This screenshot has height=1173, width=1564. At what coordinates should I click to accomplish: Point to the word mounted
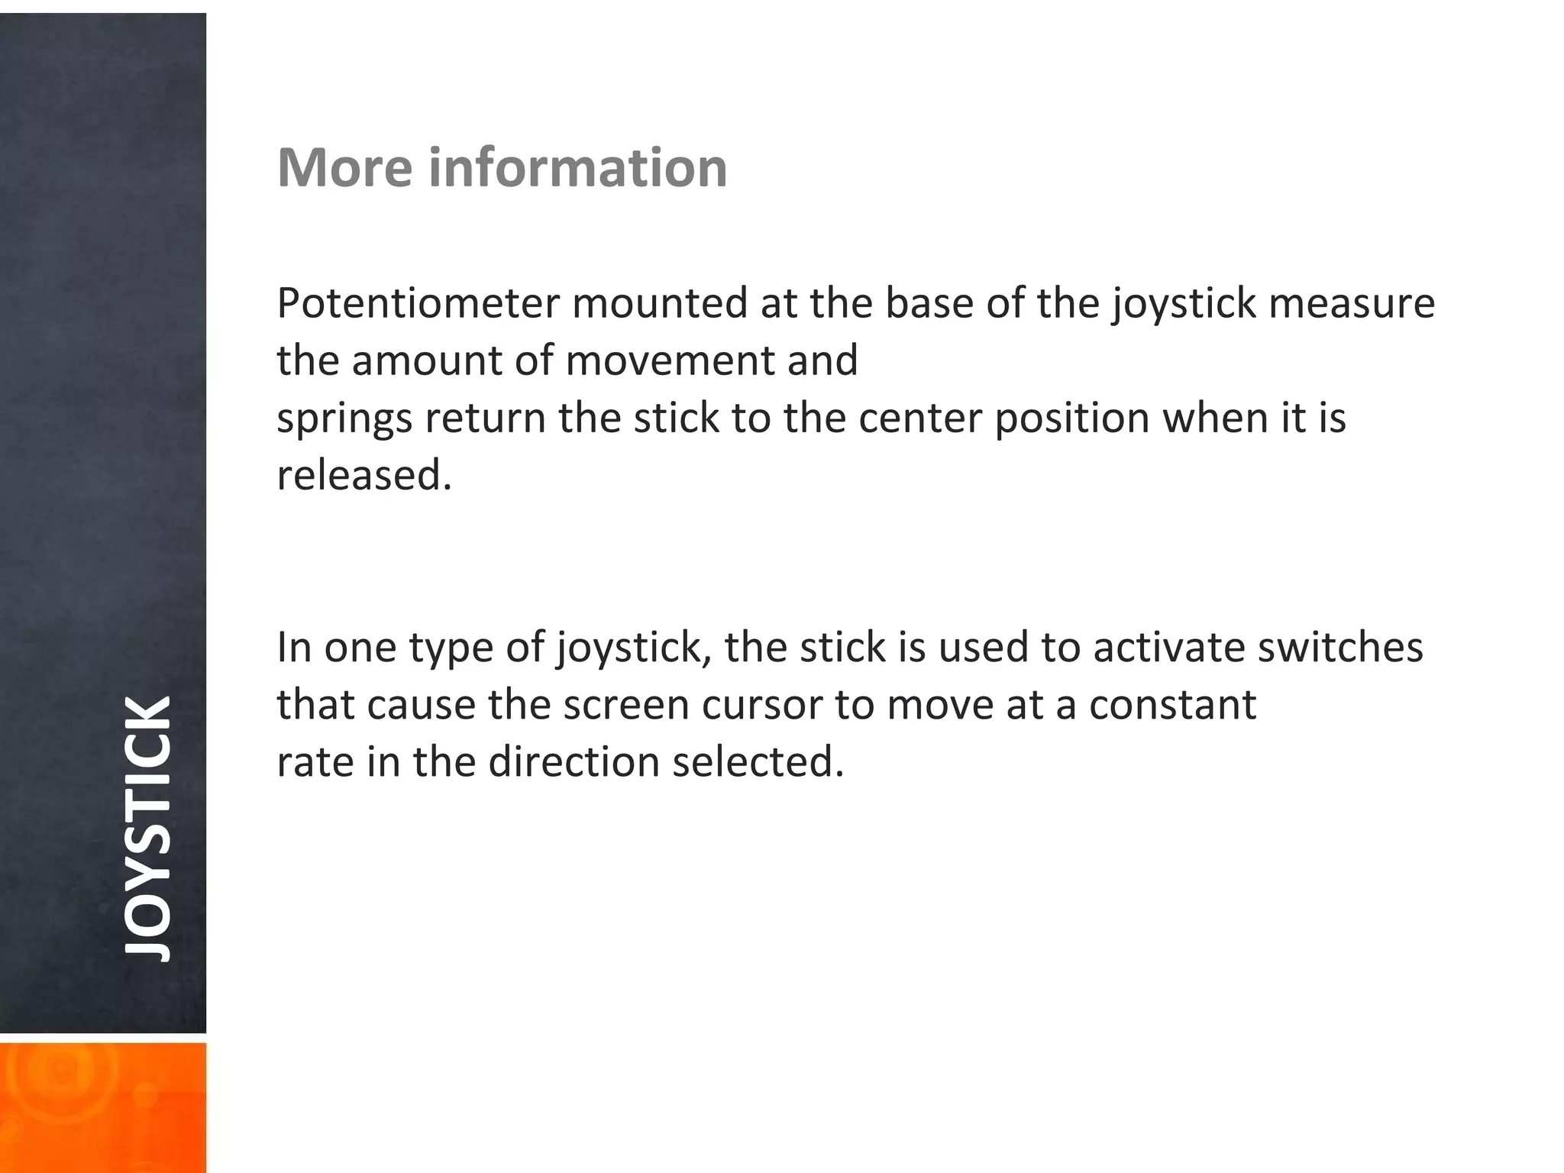[x=660, y=303]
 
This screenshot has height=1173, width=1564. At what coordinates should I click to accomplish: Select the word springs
[x=344, y=418]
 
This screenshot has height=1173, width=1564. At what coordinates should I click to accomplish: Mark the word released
[x=364, y=475]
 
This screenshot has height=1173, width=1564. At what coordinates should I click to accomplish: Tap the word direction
[x=574, y=762]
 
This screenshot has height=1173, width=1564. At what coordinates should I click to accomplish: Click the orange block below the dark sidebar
[x=102, y=1107]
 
